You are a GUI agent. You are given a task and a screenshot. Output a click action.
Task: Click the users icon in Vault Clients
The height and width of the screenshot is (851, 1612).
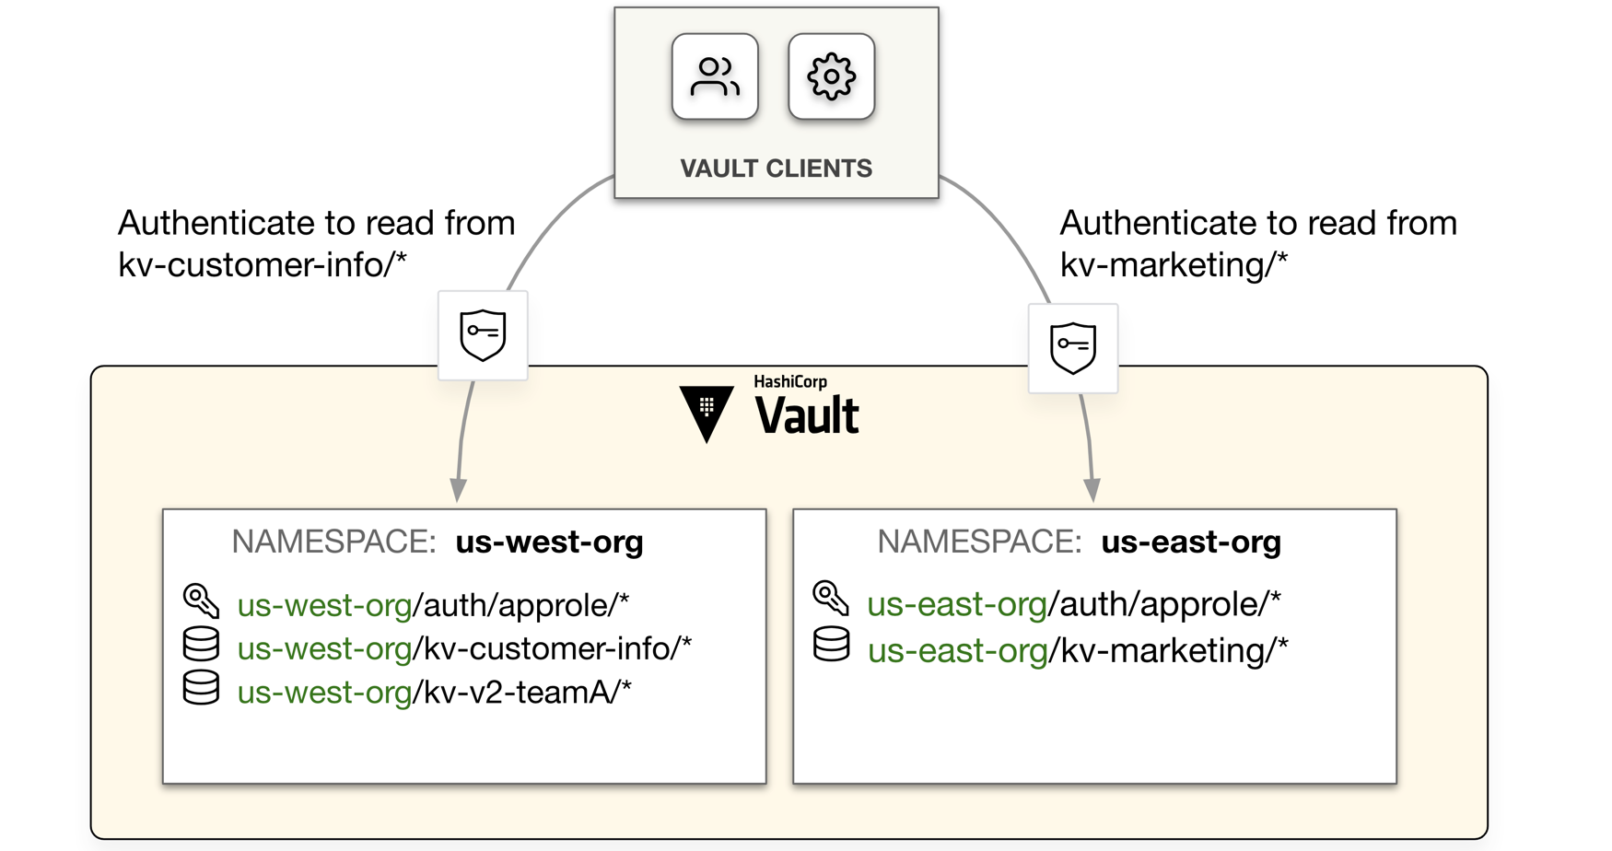[x=715, y=77]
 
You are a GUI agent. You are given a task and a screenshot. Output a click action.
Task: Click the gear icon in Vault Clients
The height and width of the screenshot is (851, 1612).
[x=831, y=77]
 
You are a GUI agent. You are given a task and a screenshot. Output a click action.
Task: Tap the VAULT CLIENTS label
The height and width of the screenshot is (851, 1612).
[x=776, y=169]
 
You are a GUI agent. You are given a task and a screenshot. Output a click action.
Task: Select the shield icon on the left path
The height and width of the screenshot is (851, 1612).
[x=483, y=335]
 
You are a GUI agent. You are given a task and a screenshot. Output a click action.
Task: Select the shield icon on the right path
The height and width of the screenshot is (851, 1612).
[x=1073, y=348]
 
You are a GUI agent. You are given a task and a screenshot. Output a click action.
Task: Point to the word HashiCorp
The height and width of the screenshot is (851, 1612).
[x=789, y=381]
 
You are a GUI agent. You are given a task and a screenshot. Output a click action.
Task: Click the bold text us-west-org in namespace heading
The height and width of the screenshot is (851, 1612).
[x=549, y=542]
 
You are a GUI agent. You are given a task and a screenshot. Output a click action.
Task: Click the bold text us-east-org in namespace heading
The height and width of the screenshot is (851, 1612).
[x=1190, y=542]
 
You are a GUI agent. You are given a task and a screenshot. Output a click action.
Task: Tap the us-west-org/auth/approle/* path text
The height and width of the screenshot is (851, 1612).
[x=433, y=605]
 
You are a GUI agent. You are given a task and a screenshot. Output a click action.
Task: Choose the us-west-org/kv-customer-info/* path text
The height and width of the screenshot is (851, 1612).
[x=463, y=648]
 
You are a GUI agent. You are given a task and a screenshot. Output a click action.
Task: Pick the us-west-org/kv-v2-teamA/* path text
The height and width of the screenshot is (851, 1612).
[x=434, y=692]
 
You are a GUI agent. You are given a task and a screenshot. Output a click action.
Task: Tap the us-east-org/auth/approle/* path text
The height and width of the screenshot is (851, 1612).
[x=1073, y=604]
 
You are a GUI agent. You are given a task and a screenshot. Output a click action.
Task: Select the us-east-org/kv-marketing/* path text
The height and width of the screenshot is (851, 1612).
[x=1077, y=650]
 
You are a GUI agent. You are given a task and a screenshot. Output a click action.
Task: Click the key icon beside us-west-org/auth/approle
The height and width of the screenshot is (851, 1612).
[x=201, y=601]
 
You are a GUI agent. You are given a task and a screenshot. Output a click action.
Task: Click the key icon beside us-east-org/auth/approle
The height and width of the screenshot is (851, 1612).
[x=830, y=598]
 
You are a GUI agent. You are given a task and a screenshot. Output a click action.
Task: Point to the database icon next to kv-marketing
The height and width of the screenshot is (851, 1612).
[x=831, y=645]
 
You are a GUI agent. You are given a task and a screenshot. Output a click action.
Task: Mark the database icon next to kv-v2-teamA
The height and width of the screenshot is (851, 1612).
[x=201, y=687]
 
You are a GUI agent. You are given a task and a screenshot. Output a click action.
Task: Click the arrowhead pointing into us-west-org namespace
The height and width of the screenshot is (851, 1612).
[x=458, y=489]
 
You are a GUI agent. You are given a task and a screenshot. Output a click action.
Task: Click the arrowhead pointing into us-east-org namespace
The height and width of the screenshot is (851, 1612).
[x=1092, y=489]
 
